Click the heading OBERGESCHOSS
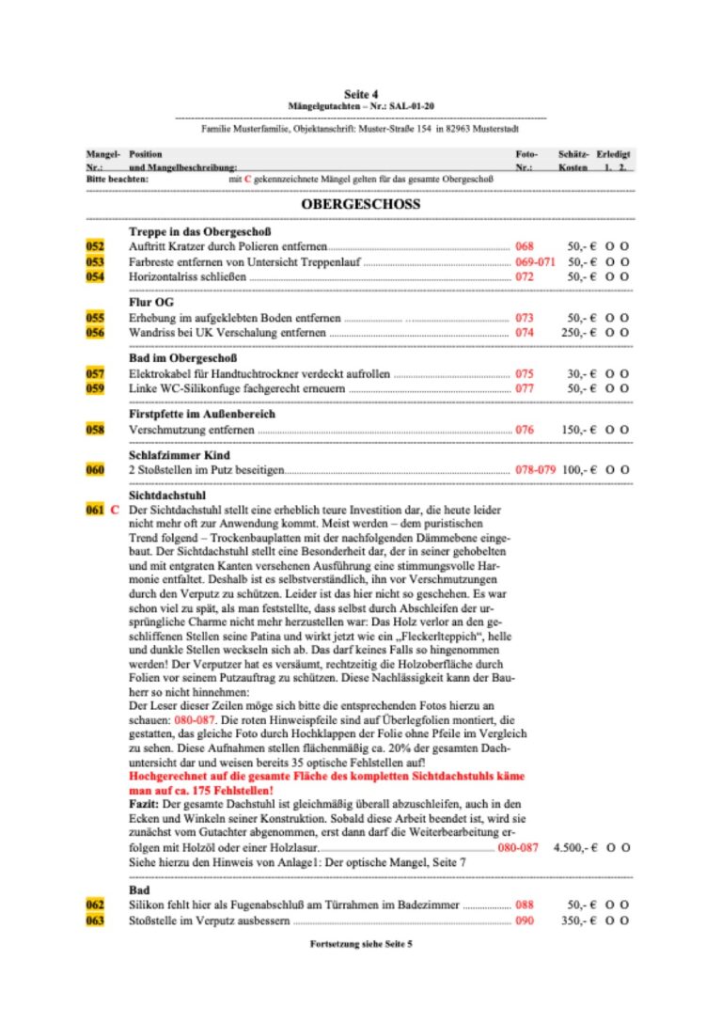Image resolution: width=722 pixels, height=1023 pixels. click(360, 204)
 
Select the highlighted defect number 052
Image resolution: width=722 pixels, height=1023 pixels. click(95, 245)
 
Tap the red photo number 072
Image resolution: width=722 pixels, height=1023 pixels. click(524, 277)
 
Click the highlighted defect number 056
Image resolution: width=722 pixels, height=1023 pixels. click(95, 333)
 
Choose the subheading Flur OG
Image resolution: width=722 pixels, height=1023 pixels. click(150, 303)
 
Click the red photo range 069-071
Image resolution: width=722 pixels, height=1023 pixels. click(535, 261)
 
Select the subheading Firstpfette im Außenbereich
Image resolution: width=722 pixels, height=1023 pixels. click(201, 414)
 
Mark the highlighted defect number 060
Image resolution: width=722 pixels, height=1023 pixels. click(95, 469)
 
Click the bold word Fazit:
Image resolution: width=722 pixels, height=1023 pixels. click(147, 804)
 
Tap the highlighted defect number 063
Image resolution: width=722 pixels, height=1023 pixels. click(95, 921)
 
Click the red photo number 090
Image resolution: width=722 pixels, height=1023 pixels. click(524, 921)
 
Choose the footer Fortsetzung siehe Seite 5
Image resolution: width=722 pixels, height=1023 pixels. click(360, 944)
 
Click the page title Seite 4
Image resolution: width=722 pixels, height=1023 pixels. click(361, 94)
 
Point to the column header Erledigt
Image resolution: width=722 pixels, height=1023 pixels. click(614, 153)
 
